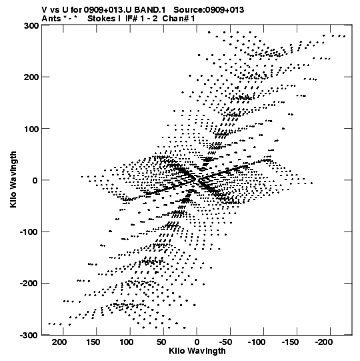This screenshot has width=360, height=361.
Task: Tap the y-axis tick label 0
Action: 35,180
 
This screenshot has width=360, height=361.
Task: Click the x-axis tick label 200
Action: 59,342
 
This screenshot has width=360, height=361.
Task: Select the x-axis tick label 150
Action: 93,342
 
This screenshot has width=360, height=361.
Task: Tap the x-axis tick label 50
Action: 161,342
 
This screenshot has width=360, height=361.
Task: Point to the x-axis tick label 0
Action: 197,342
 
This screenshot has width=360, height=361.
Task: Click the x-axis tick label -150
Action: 291,342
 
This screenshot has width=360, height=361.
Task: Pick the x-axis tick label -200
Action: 324,342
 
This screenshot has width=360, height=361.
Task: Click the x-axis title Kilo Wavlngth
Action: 197,350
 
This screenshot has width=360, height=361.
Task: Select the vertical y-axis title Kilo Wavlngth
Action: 13,179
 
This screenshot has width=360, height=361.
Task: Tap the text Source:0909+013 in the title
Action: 209,10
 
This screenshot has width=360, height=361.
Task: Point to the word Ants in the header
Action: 51,19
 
